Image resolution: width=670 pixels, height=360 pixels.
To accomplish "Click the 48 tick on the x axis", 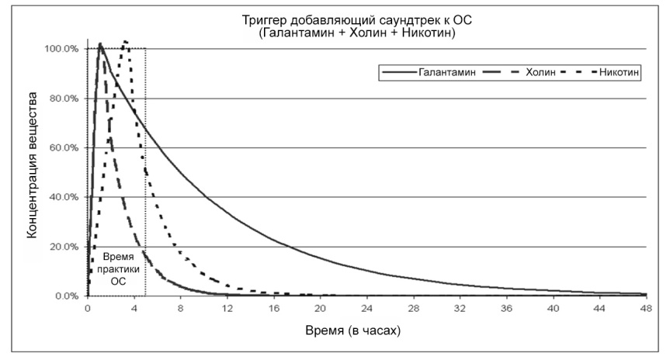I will pyautogui.click(x=646, y=309).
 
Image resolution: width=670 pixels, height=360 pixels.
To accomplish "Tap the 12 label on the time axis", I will pyautogui.click(x=227, y=309).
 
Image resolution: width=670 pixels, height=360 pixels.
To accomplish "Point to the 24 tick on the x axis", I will pyautogui.click(x=366, y=309).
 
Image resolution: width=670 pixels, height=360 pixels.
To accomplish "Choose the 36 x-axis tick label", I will pyautogui.click(x=506, y=309).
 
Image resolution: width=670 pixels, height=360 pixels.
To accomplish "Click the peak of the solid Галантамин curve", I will pyautogui.click(x=100, y=44).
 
